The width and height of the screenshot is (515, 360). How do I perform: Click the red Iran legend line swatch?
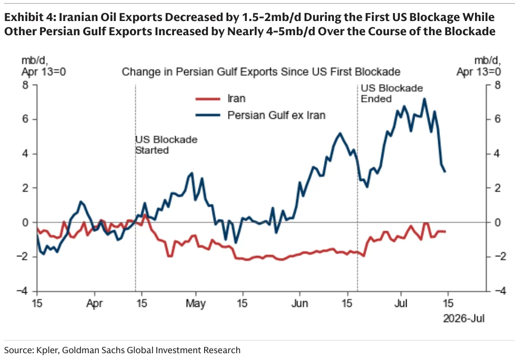(208, 99)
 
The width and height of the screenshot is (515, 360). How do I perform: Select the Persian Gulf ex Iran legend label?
(276, 115)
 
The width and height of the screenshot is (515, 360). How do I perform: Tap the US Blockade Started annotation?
(167, 145)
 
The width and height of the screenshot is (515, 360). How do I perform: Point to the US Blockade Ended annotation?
(392, 93)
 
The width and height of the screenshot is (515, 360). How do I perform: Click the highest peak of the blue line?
(425, 99)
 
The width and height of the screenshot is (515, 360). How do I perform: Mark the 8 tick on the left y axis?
(25, 85)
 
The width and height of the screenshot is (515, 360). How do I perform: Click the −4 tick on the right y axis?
(497, 291)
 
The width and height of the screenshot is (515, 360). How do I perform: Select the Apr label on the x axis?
(94, 304)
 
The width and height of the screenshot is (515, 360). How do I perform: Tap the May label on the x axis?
(195, 304)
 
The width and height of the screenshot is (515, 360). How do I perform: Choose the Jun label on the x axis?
(299, 303)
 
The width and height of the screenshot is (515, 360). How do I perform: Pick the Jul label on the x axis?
(401, 303)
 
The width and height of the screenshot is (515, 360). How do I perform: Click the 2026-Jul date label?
(464, 318)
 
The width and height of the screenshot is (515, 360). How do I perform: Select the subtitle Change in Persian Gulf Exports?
(261, 71)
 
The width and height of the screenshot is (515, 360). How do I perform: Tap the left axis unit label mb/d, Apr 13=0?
(44, 66)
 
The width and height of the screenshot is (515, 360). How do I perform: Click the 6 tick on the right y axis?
(497, 119)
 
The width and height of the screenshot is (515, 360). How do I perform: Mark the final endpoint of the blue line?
(445, 171)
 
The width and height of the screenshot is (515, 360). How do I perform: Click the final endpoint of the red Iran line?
(446, 232)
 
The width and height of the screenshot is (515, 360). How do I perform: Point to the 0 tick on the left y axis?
(25, 222)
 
